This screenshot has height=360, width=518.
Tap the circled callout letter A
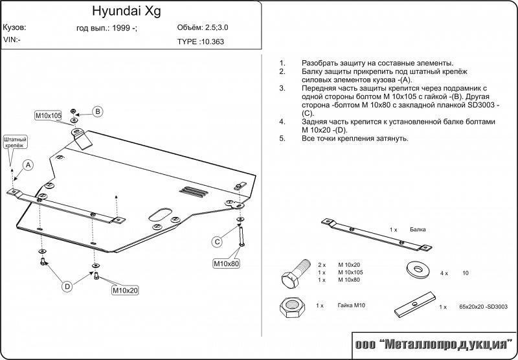click(28, 165)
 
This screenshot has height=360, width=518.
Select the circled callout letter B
click(97, 111)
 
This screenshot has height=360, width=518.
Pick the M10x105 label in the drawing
click(48, 115)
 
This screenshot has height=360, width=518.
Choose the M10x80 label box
click(227, 264)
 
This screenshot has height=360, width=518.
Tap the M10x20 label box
click(126, 290)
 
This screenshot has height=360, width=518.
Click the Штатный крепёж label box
click(15, 142)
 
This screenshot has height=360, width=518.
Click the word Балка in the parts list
click(417, 230)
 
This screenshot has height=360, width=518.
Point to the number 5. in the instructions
click(282, 139)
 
